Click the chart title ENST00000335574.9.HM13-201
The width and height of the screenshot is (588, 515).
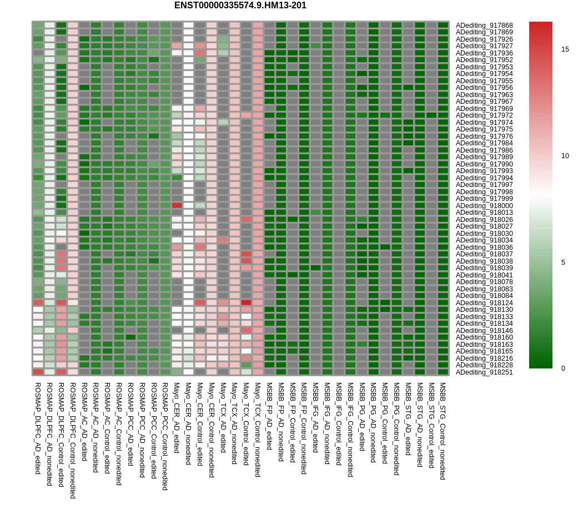240,6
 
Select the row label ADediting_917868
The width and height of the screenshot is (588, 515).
484,26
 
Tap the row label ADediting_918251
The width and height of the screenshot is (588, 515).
484,372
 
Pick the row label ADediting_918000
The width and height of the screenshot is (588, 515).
484,205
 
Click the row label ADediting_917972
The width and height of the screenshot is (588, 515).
484,115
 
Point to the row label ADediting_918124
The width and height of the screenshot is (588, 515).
484,302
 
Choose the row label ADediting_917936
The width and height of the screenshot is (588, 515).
484,53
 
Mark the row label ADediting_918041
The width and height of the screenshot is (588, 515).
484,275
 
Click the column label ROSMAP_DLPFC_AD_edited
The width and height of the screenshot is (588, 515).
38,428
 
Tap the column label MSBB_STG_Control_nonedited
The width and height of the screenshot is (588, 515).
443,431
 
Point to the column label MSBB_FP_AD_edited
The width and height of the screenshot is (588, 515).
269,416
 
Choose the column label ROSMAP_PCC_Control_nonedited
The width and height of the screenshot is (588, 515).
165,436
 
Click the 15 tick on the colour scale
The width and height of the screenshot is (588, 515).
565,49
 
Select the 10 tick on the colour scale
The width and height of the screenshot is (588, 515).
565,156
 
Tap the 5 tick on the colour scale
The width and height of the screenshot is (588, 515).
565,262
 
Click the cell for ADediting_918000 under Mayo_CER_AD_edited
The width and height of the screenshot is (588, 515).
177,205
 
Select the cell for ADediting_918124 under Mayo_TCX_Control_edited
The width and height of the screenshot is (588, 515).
246,302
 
